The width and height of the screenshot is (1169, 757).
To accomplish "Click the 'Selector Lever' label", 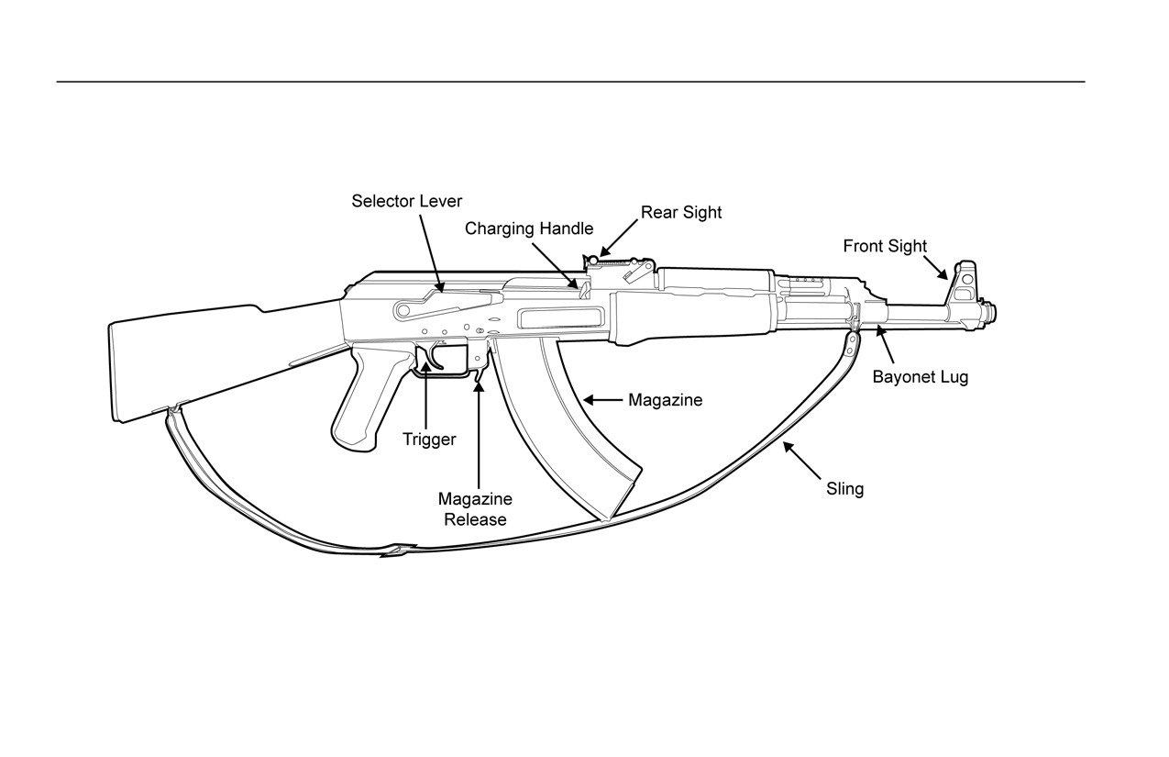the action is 406,201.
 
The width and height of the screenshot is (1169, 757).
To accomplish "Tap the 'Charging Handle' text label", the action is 529,228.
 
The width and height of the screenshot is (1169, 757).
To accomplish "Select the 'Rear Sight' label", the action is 681,213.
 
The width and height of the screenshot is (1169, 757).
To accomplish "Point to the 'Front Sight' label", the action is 885,246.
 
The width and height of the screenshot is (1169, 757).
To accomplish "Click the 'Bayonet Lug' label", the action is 920,377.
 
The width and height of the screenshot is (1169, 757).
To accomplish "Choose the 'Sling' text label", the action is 845,489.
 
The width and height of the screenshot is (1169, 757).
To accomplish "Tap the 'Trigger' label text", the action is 429,440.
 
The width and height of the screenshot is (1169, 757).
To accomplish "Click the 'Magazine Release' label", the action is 475,509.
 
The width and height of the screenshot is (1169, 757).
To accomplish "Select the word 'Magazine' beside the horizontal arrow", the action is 665,400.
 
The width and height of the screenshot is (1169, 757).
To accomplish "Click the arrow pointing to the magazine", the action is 602,400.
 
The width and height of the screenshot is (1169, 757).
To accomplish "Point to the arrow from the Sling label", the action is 801,461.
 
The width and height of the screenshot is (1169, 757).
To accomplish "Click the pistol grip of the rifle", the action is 368,397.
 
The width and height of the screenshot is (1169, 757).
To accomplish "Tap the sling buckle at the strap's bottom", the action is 398,551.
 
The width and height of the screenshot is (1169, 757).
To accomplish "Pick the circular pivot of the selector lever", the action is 403,311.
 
